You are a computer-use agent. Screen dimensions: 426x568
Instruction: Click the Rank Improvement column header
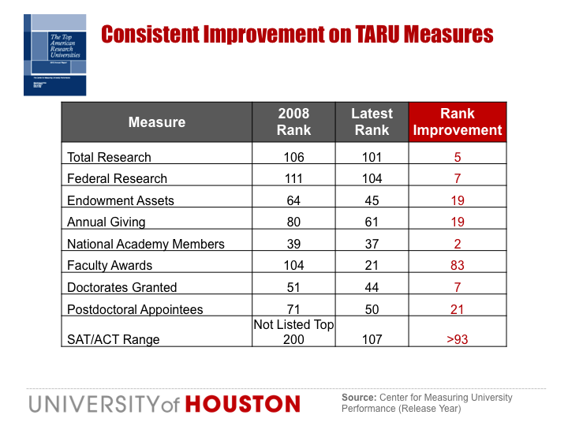tap(458, 121)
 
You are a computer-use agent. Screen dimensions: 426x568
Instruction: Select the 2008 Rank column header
tap(293, 121)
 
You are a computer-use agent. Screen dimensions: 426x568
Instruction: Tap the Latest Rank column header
tap(372, 121)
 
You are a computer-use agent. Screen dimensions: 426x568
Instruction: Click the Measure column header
tap(156, 122)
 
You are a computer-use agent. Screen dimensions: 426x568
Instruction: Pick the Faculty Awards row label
tap(110, 266)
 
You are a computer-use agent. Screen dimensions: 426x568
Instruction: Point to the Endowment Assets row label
tap(121, 200)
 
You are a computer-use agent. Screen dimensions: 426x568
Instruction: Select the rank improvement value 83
tap(458, 266)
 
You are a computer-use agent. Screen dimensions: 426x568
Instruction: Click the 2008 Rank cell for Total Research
tap(293, 157)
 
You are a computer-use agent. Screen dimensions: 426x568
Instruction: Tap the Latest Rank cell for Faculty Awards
tap(372, 266)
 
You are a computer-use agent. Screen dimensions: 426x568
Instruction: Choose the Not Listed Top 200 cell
tap(293, 331)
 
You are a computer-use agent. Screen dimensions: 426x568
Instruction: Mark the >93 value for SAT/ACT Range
tap(458, 339)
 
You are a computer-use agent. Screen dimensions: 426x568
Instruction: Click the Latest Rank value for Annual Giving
tap(372, 222)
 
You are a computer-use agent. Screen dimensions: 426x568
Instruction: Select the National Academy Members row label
tap(146, 244)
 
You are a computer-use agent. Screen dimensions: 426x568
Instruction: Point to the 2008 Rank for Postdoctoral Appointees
tap(293, 309)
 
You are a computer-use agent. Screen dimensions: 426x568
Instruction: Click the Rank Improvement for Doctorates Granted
tap(458, 287)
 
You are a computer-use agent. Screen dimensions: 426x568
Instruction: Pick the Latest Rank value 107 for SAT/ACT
tap(372, 339)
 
